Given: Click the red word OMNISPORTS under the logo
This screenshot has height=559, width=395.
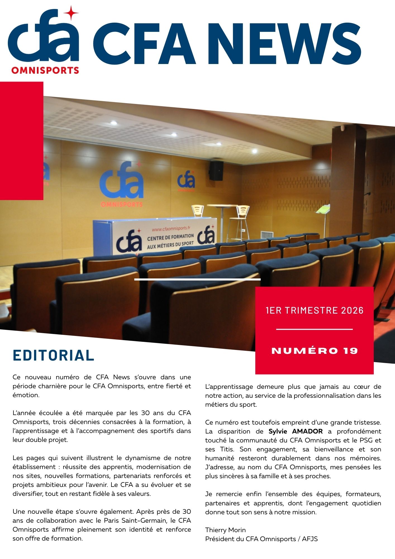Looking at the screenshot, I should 45,70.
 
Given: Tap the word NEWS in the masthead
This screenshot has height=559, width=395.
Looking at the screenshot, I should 287,44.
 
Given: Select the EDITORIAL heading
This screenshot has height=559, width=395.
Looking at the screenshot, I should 53,355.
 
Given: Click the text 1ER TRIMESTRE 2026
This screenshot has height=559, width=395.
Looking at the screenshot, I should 315,310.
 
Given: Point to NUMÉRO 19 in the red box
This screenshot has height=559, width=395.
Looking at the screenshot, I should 315,351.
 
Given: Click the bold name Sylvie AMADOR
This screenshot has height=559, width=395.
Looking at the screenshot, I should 296,431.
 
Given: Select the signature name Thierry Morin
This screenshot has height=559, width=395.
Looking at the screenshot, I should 225,530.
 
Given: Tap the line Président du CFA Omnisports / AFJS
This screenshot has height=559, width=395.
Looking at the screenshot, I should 261,539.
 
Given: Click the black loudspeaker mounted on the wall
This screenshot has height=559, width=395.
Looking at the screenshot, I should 216,170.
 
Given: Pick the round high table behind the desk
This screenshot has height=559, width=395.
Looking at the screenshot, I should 222,206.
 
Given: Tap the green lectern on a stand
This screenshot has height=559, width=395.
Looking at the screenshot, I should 323,209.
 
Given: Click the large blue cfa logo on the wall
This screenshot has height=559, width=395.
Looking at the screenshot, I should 122,181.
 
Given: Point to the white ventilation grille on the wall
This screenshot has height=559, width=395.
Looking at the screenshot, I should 266,235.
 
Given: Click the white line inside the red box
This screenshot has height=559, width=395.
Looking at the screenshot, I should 314,330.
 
